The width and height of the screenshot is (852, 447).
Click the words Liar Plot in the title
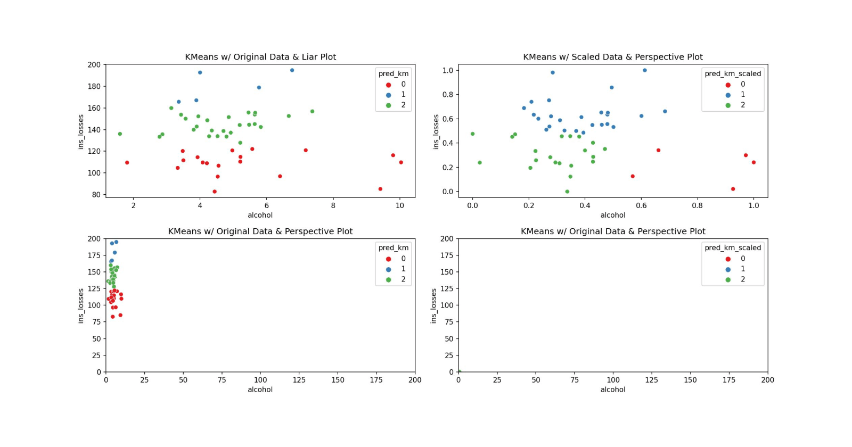click(318, 57)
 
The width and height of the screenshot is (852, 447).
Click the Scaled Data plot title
click(612, 57)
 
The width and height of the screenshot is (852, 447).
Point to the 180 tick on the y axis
click(94, 86)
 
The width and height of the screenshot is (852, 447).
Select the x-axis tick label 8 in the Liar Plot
click(333, 205)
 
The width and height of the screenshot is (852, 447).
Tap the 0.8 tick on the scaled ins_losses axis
click(447, 95)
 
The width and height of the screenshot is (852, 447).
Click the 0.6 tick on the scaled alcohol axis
click(641, 205)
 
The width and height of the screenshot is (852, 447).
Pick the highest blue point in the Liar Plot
click(292, 70)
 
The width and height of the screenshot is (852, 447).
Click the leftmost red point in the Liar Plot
click(127, 163)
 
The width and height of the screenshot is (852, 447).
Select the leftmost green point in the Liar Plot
click(120, 134)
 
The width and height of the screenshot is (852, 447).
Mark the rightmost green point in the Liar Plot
click(312, 112)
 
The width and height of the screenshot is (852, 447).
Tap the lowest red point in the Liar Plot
click(215, 192)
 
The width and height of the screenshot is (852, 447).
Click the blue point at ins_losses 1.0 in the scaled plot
click(644, 70)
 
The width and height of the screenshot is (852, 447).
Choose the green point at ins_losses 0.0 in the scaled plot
click(567, 192)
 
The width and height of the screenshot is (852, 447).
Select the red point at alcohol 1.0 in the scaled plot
click(753, 162)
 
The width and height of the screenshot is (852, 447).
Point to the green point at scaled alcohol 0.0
click(472, 134)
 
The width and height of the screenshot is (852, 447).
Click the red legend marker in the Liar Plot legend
click(388, 85)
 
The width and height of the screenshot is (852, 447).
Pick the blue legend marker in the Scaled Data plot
click(728, 95)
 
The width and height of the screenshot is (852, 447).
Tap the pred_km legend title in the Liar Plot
click(394, 74)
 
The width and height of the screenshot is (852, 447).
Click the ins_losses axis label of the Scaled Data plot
click(436, 131)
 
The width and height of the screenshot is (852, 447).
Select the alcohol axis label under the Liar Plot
click(260, 216)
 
